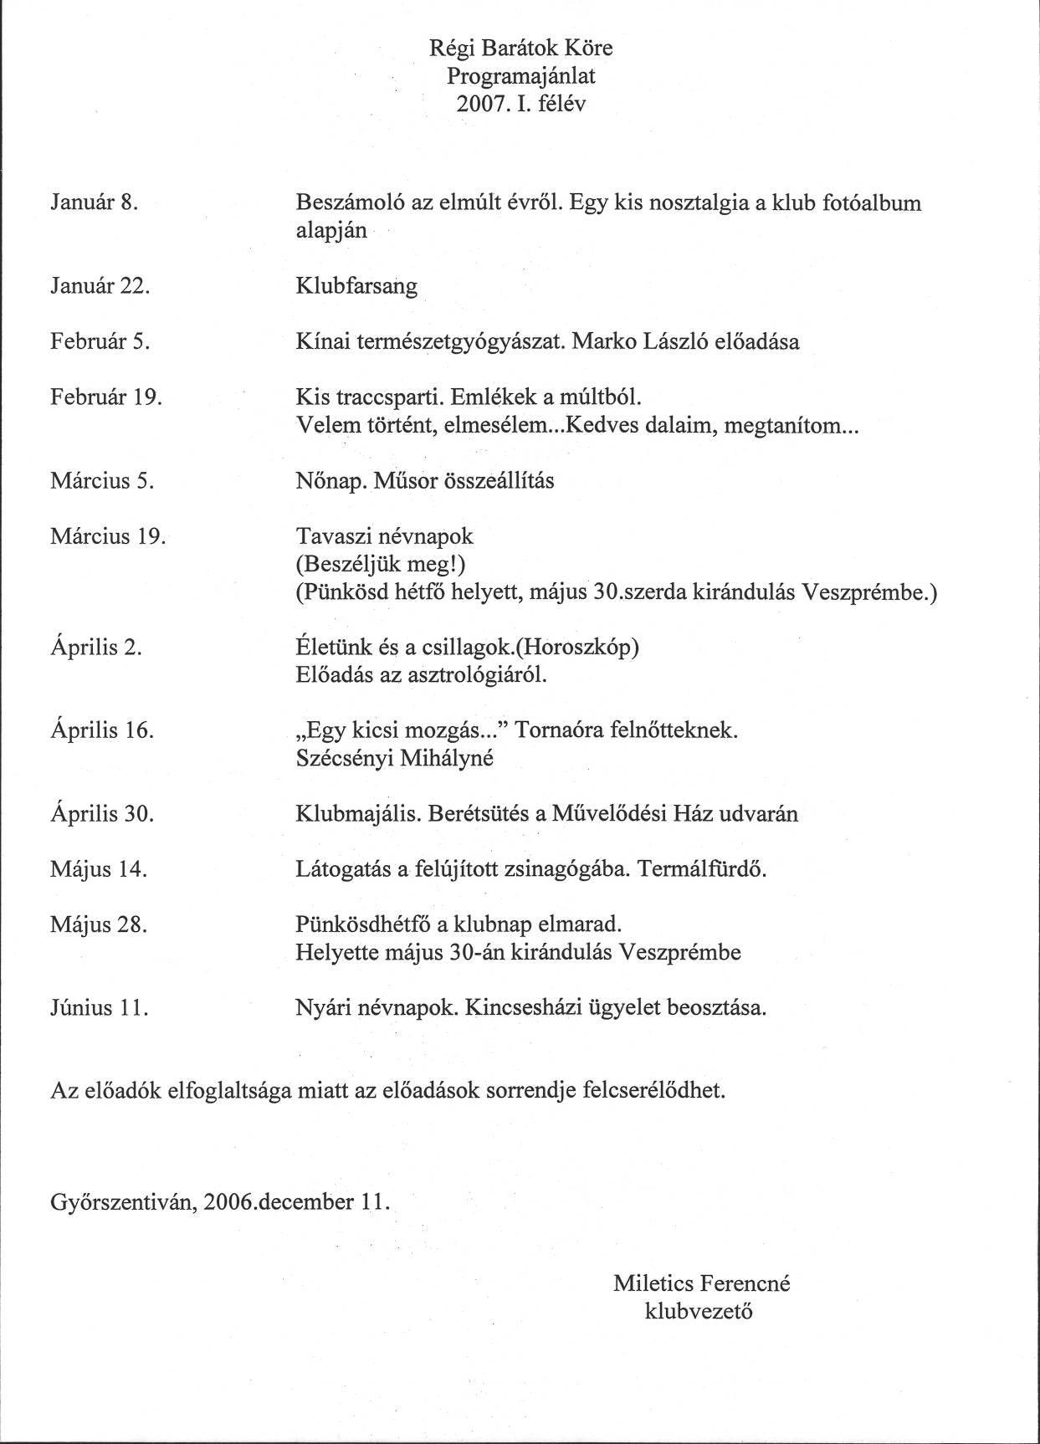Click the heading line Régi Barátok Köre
[x=520, y=49]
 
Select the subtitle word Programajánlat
[x=520, y=76]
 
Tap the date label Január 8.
[x=94, y=202]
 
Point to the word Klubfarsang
[x=356, y=286]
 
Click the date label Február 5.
[x=100, y=341]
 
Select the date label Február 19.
[x=106, y=397]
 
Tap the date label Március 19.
[x=108, y=536]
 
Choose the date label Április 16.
[x=102, y=730]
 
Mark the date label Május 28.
[x=99, y=925]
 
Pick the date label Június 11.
[x=100, y=1007]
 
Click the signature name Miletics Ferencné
[x=701, y=1283]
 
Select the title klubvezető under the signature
[x=699, y=1311]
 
